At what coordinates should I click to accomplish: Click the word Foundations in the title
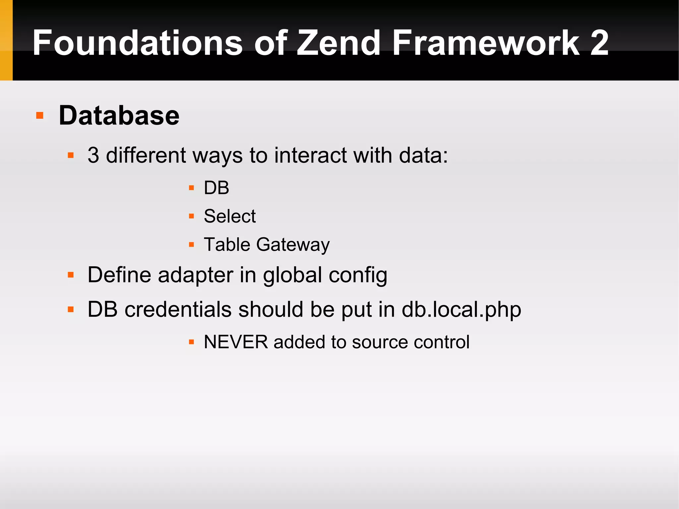(138, 43)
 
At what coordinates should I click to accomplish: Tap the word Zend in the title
(338, 43)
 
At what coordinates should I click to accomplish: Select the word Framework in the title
(486, 43)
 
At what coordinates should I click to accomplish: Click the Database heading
(119, 115)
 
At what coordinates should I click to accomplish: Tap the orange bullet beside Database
(40, 115)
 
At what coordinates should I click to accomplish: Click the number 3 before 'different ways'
(93, 155)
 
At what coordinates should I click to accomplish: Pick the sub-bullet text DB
(216, 188)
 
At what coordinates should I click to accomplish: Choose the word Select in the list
(230, 216)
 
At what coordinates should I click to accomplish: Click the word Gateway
(293, 245)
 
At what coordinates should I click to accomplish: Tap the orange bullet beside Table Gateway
(191, 245)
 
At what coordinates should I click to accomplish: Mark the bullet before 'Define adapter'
(71, 275)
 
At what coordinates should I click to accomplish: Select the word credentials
(178, 309)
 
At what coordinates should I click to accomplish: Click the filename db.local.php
(461, 309)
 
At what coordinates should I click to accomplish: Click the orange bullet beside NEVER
(191, 342)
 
